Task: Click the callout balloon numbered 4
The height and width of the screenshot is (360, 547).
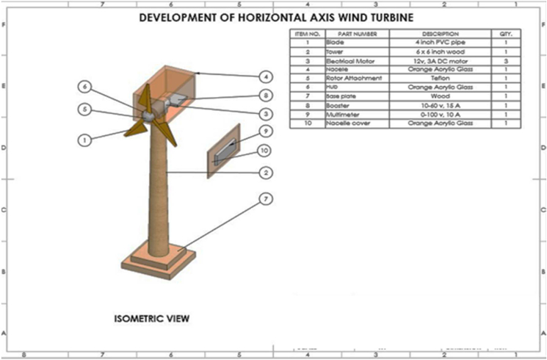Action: pos(266,76)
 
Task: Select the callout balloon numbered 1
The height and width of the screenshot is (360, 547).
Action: pos(86,139)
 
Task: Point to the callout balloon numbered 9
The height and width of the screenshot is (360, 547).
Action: pos(266,132)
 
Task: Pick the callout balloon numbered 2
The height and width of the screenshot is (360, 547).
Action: pos(266,173)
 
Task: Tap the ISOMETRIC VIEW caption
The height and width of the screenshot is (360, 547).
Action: pos(152,319)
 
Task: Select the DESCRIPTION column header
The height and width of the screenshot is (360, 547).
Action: pos(440,34)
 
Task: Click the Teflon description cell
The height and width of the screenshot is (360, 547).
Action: pos(440,79)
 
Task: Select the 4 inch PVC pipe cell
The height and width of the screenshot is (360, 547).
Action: pos(440,43)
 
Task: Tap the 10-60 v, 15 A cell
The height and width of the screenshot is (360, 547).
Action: pos(440,105)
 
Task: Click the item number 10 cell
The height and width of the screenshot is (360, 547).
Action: pos(307,123)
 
